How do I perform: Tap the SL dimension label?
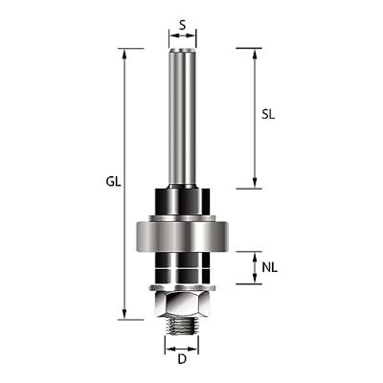pos(270,114)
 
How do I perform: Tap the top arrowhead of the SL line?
pos(254,53)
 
